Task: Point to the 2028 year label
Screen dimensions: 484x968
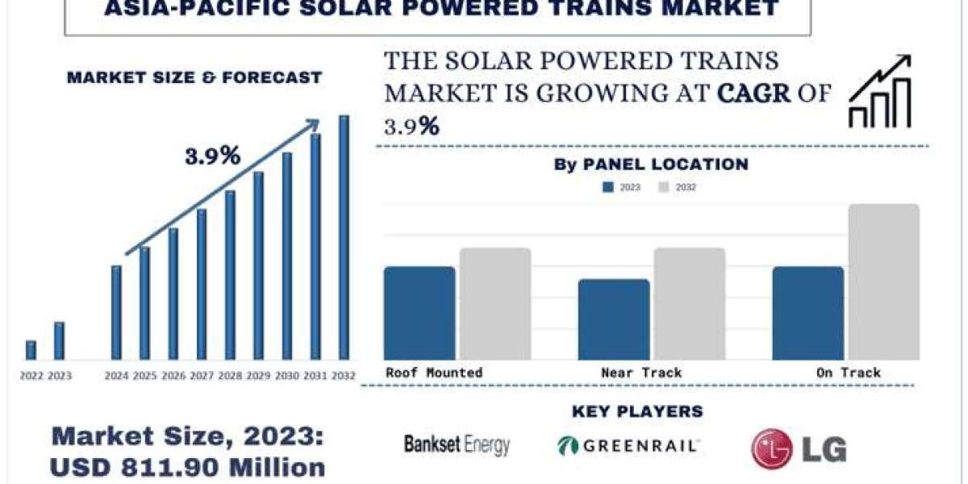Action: click(230, 375)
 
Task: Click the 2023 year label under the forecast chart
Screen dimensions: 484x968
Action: click(60, 375)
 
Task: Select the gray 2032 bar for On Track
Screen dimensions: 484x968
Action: click(883, 282)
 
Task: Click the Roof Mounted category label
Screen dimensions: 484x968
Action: click(434, 373)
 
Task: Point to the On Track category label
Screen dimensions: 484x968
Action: click(848, 373)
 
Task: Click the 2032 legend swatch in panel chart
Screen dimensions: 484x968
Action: click(664, 187)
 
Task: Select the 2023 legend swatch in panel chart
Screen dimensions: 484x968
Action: click(609, 187)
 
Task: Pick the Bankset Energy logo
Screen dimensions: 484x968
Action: click(457, 444)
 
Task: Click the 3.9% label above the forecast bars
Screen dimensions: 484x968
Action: click(212, 156)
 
